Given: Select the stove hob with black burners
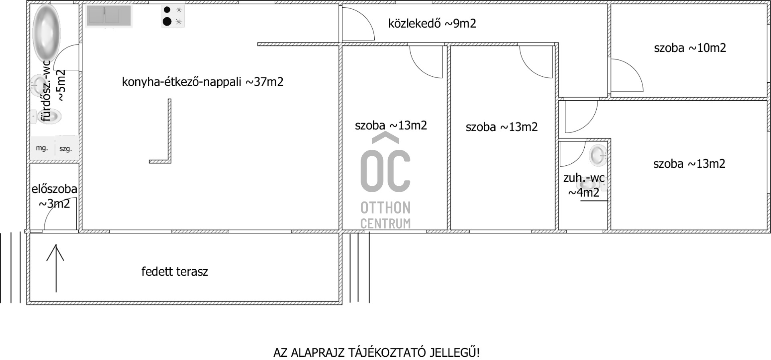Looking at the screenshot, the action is (173, 16).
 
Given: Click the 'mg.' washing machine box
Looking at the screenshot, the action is (42, 148).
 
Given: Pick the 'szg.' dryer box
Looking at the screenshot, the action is (66, 148).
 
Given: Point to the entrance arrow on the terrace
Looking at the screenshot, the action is (55, 268).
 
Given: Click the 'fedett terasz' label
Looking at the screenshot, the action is (175, 272).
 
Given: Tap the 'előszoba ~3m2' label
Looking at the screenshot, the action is (54, 196).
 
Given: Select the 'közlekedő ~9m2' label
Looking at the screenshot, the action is (432, 23).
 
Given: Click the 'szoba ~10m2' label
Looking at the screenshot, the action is (690, 48).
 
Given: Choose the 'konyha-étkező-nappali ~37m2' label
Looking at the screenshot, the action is (203, 82).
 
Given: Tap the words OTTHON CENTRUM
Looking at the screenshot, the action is (385, 215).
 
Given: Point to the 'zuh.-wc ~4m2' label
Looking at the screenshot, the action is (584, 185).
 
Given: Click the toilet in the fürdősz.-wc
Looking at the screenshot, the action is (46, 116).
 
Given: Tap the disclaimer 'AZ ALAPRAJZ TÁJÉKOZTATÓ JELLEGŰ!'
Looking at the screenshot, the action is (377, 353).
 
